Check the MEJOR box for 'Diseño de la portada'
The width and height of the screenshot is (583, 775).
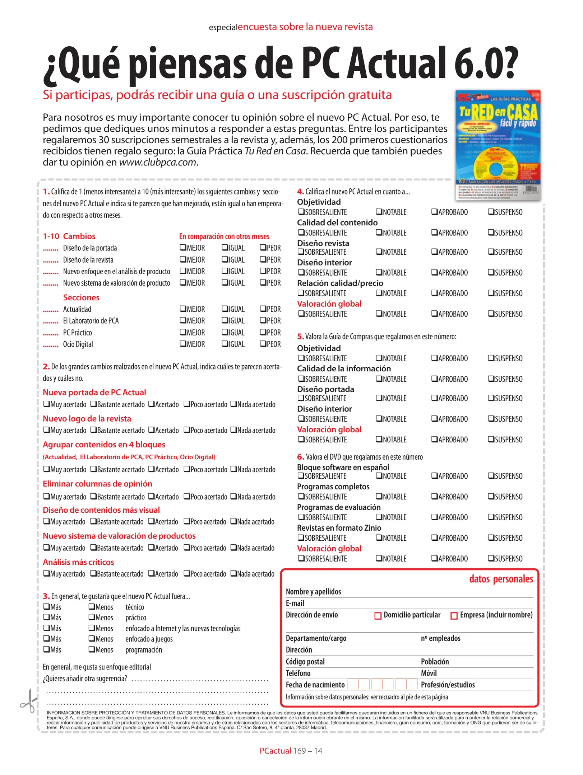(183, 248)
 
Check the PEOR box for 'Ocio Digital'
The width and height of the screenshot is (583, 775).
(263, 344)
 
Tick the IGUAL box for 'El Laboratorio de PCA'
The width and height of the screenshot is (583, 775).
(225, 320)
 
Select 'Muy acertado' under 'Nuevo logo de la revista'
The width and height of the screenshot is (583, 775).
(46, 429)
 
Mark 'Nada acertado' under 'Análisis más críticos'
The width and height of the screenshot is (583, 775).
(233, 573)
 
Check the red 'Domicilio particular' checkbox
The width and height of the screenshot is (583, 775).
(378, 616)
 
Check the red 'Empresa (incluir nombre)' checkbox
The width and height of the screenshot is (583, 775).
(454, 616)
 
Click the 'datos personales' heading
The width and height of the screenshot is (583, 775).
(501, 579)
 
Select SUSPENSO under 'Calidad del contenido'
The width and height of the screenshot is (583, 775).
(491, 232)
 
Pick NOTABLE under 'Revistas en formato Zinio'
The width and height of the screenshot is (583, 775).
(379, 537)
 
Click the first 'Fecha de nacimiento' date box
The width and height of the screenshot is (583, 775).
(353, 684)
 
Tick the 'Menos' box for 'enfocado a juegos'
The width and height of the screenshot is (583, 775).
(92, 638)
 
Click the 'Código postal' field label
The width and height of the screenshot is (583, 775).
(305, 661)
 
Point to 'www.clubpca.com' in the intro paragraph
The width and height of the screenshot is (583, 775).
(157, 162)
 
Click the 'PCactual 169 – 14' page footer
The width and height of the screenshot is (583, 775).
(291, 751)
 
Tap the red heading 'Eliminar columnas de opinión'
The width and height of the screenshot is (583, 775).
(97, 484)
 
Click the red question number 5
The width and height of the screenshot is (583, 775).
(300, 336)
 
